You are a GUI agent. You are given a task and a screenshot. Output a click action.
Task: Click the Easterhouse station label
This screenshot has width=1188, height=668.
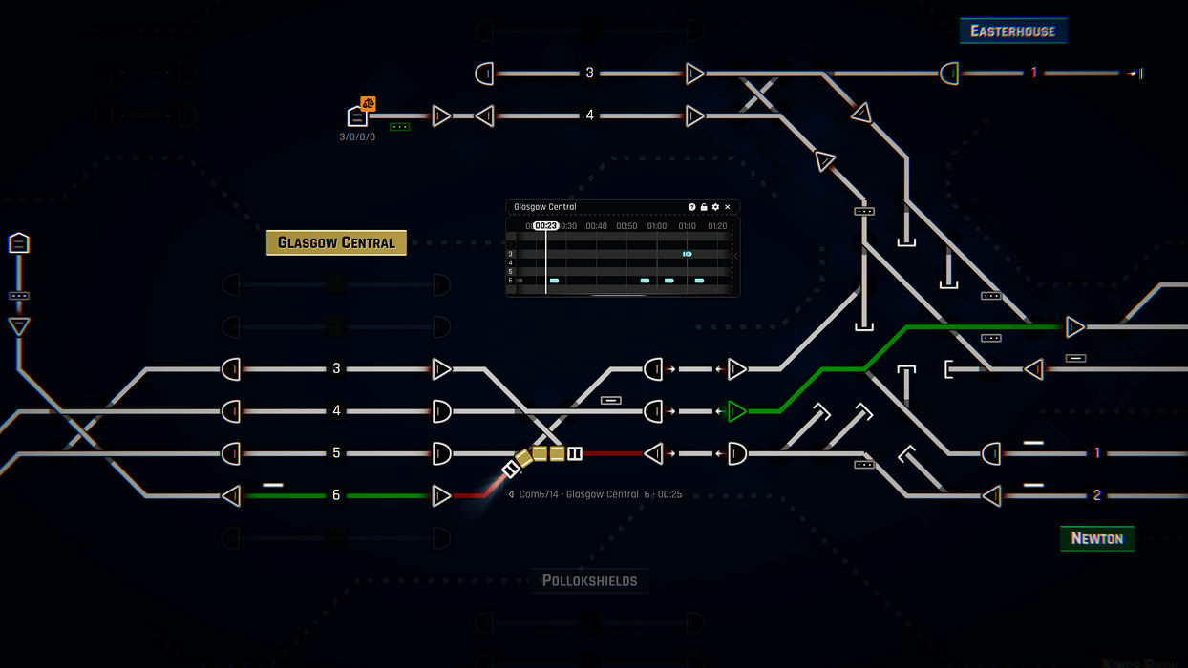coord(1012,31)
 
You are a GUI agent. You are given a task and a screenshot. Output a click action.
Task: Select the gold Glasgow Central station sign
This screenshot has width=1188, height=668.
coord(336,242)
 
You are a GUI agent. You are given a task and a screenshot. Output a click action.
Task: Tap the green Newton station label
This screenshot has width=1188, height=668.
coord(1096,538)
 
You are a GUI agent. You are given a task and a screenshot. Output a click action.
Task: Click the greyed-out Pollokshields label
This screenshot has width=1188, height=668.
coord(589,580)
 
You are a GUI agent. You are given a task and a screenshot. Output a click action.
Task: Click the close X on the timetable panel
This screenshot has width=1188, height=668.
coord(728,207)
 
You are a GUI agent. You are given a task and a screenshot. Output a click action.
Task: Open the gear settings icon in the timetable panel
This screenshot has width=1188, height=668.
coord(715,207)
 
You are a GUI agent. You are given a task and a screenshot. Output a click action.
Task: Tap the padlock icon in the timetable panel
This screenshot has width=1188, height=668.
coord(704,207)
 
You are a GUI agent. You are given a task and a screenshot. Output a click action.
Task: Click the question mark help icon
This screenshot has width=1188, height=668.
coord(692,207)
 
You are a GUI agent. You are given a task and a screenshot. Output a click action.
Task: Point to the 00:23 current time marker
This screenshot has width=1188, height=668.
coord(545,226)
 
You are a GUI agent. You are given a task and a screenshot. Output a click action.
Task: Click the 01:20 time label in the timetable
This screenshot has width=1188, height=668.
coord(717,226)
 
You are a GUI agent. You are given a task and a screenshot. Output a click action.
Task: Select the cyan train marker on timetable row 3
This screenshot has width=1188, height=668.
coord(687,254)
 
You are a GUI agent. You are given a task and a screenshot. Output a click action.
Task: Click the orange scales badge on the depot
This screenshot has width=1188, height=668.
coord(368,103)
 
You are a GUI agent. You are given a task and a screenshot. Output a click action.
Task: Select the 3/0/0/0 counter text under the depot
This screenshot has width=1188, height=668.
coord(357,136)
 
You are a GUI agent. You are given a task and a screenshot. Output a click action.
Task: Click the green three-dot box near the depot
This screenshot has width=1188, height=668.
coord(400,127)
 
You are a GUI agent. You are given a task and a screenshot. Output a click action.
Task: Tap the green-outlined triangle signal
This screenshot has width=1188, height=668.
coord(736,411)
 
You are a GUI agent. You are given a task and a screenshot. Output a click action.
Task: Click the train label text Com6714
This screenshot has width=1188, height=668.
coord(538,494)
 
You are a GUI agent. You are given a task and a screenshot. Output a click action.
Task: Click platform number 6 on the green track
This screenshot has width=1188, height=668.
coord(336,495)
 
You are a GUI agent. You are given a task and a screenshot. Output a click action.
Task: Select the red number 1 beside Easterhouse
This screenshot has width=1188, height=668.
coord(1033,73)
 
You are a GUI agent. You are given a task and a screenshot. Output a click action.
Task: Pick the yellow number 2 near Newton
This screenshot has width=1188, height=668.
coord(1097,495)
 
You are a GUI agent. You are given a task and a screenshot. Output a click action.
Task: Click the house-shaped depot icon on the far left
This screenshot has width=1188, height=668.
coord(18,243)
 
